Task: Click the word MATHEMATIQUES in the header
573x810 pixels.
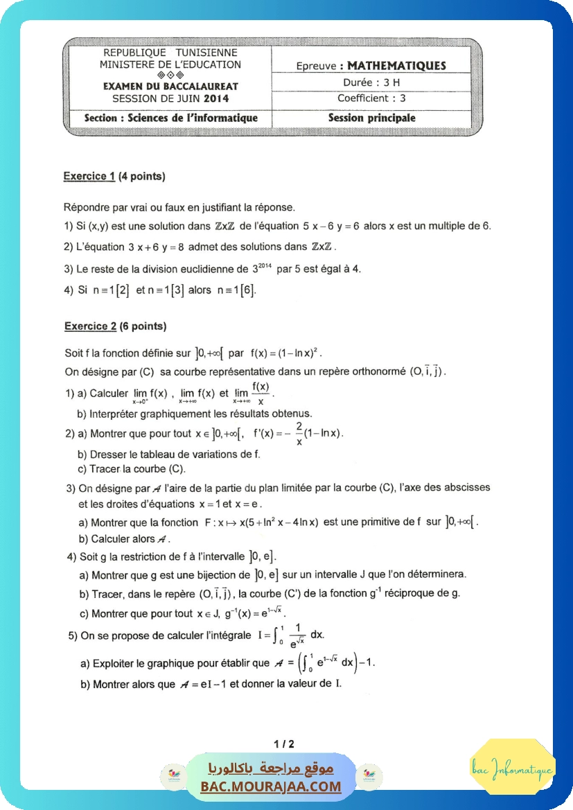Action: (396, 66)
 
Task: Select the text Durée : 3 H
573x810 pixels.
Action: (372, 82)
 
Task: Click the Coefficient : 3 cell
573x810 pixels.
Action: (371, 98)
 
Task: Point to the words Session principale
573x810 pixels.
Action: (371, 118)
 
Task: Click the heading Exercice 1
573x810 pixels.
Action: (89, 176)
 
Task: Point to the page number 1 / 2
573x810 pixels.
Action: (284, 744)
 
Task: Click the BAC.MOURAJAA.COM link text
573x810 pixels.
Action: (271, 786)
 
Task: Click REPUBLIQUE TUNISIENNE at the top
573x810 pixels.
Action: (170, 53)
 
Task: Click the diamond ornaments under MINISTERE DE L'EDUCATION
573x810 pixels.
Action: (170, 75)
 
